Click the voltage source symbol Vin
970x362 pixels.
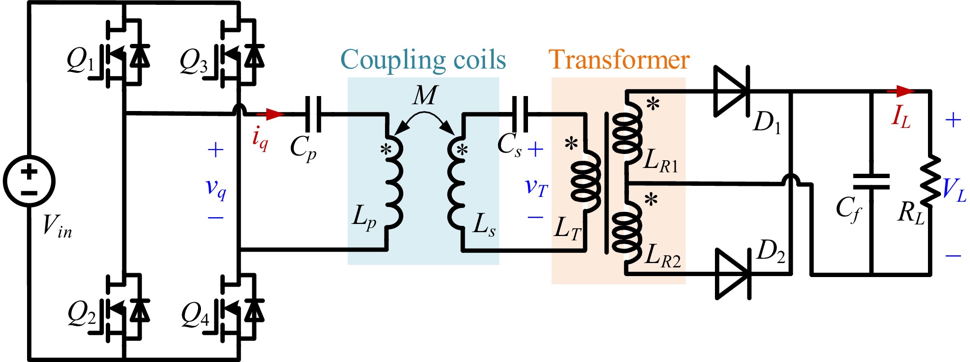pos(29,182)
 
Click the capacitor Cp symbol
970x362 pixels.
pos(313,114)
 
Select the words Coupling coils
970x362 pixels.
pos(423,60)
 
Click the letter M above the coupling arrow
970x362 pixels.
pos(425,95)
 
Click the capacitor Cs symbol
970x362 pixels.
pos(520,114)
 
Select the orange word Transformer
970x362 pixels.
pos(619,60)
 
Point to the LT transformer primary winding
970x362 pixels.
pos(585,181)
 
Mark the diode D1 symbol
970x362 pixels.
pos(731,91)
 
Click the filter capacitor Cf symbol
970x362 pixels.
pos(871,182)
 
